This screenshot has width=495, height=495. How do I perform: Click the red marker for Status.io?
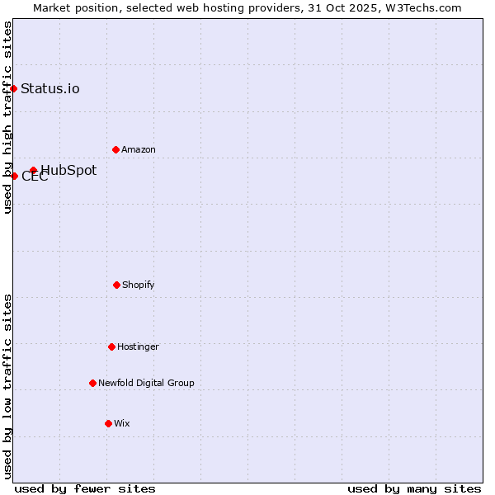pos(14,88)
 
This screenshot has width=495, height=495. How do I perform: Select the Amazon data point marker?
pos(115,149)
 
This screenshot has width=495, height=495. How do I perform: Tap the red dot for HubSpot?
pos(33,171)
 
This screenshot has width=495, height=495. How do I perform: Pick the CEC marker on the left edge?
pos(14,176)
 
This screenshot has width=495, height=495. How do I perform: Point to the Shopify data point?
pos(116,285)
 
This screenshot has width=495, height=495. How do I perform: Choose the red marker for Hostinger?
pos(111,346)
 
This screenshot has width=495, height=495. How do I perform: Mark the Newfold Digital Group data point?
pos(92,383)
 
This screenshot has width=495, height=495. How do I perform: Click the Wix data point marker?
pos(108,423)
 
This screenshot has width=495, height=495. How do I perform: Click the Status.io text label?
pos(50,88)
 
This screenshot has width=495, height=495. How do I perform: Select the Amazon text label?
pos(139,149)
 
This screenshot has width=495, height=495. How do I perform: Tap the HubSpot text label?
pos(68,171)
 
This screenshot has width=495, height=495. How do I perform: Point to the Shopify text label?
pos(139,285)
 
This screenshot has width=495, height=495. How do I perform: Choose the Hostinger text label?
pos(138,346)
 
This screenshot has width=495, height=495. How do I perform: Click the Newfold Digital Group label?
pos(146,383)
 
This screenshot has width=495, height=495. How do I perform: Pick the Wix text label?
pos(122,423)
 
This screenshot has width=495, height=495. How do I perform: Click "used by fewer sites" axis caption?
pos(85,488)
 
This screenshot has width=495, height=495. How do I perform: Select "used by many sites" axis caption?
pos(414,488)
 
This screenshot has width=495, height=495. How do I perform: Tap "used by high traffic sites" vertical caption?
pos(7,117)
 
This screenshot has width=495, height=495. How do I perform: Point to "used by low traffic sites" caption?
pos(7,386)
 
